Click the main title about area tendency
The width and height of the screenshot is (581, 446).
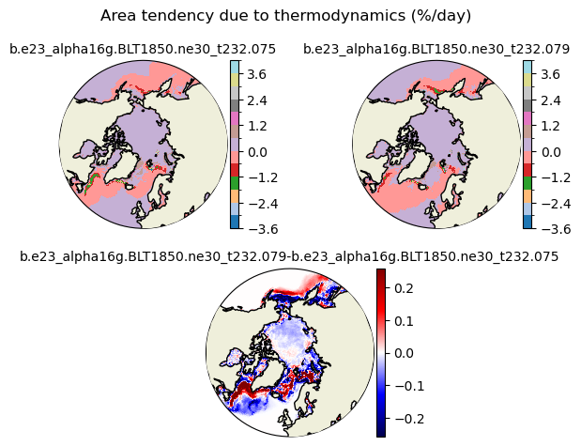[285, 16]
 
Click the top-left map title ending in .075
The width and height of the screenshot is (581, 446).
[143, 49]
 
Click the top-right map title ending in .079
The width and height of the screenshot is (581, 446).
[436, 49]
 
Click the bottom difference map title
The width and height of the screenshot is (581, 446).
[289, 256]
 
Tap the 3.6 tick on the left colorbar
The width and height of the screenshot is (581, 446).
[257, 74]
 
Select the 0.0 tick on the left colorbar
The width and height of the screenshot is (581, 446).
[257, 152]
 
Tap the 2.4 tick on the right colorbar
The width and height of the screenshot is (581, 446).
[551, 100]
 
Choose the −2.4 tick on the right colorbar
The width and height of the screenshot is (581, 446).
[556, 204]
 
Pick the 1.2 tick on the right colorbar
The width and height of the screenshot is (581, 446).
[551, 126]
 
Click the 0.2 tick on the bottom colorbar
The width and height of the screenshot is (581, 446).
[404, 287]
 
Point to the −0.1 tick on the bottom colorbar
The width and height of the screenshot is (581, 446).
[409, 386]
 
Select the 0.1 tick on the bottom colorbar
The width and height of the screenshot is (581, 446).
[404, 321]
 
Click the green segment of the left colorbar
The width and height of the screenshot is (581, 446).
[235, 183]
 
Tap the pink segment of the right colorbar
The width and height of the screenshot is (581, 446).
[528, 118]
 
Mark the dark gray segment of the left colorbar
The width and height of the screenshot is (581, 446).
[235, 106]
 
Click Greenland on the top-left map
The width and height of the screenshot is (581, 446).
[122, 167]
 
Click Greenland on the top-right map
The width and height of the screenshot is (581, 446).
[416, 167]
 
